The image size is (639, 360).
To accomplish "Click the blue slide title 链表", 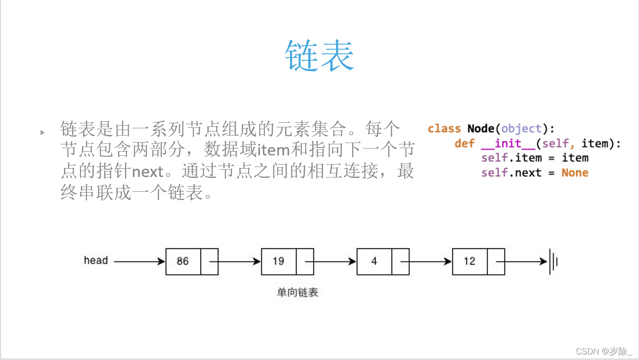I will click(319, 55).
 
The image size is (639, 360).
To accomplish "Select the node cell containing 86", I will click(183, 261).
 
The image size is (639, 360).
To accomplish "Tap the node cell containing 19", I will click(279, 261).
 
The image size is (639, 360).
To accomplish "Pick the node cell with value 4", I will click(374, 261).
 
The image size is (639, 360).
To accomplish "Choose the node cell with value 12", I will click(469, 261).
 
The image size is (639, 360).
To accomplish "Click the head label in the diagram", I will click(96, 260).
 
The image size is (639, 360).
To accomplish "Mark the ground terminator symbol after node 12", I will click(553, 262).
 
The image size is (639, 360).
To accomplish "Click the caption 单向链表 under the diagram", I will click(297, 292).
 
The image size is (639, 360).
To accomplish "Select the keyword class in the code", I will click(444, 129).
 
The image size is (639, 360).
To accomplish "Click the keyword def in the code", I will click(464, 143).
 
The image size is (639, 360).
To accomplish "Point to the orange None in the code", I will click(575, 173).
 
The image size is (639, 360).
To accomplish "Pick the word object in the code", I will click(521, 129).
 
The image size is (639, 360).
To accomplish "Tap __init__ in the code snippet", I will click(508, 143).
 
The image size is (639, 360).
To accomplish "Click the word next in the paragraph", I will click(148, 172).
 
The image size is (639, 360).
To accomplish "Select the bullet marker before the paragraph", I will click(42, 133).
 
